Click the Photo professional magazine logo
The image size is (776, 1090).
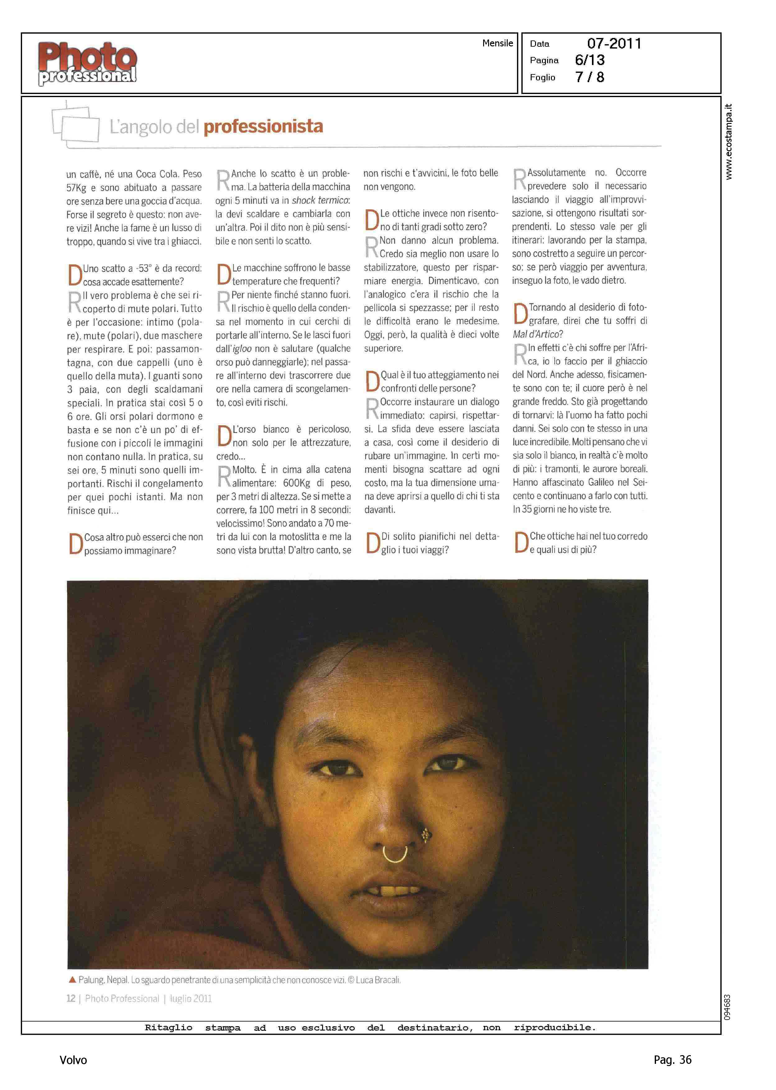(87, 63)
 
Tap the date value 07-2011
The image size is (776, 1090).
(614, 44)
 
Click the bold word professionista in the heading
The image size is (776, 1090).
(263, 126)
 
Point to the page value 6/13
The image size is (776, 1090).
(590, 60)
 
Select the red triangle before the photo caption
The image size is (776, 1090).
(72, 980)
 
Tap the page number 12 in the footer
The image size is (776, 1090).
(71, 999)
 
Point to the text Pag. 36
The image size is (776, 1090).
(672, 1059)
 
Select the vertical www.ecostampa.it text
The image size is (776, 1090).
(728, 142)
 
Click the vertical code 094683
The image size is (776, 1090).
(727, 1007)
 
